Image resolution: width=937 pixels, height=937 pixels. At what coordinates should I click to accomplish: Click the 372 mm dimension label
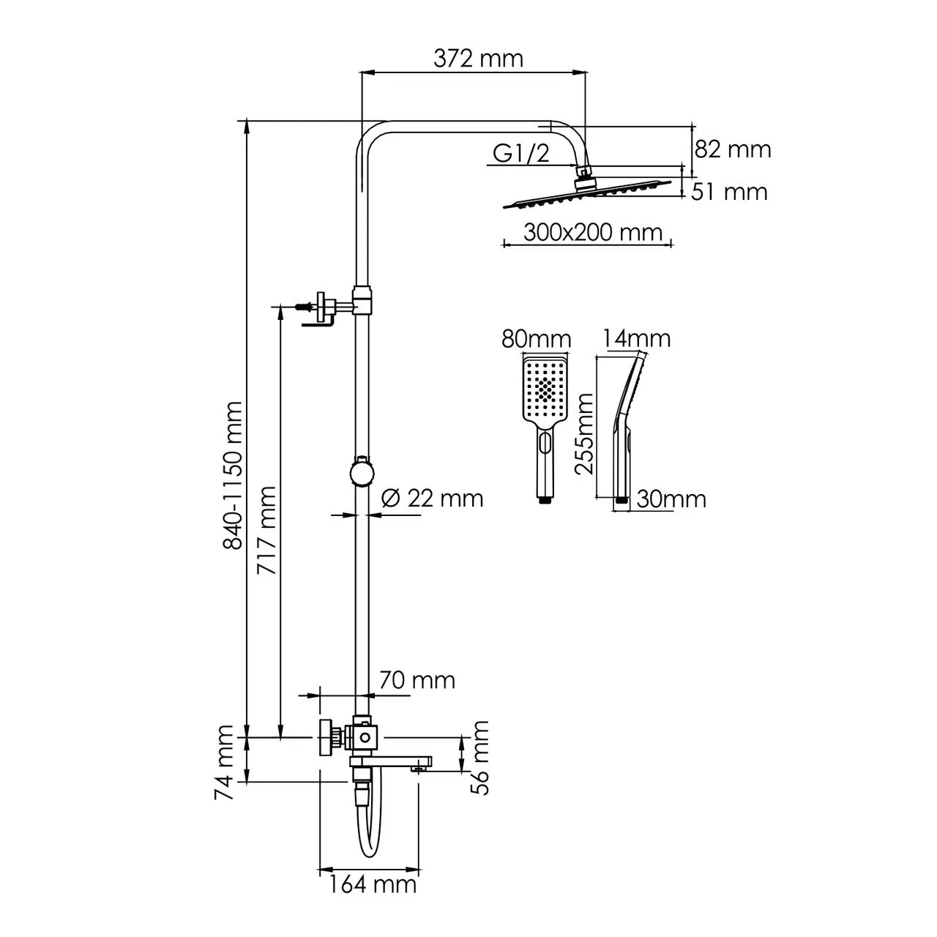click(x=478, y=58)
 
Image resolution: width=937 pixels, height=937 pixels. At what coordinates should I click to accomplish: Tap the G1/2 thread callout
click(x=520, y=153)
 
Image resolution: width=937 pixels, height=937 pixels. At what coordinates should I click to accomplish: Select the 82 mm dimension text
click(x=732, y=149)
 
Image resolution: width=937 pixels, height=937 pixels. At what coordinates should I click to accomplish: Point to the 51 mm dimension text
click(x=730, y=192)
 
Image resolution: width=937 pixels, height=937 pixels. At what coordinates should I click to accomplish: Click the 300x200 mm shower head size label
click(x=593, y=233)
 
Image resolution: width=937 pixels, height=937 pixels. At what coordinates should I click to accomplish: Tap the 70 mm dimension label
click(x=417, y=680)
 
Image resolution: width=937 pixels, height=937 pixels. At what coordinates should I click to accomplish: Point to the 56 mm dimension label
click(x=480, y=757)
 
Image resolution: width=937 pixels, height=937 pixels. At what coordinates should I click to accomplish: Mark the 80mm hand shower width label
click(x=536, y=340)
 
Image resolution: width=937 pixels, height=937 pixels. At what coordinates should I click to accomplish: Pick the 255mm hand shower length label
click(x=584, y=433)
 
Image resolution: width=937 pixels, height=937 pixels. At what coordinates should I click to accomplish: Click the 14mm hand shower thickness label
click(x=637, y=338)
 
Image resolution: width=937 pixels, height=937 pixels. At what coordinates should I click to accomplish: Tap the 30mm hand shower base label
click(x=671, y=499)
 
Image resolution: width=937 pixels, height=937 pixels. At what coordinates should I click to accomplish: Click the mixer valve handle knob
click(x=326, y=738)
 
